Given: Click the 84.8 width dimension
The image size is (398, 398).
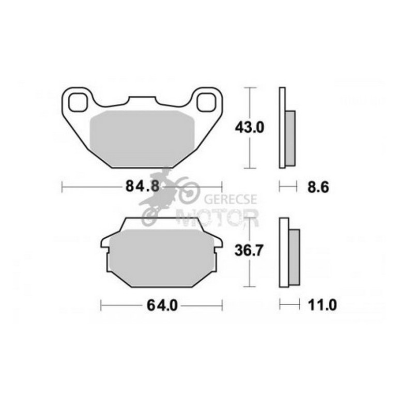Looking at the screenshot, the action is pyautogui.click(x=142, y=187).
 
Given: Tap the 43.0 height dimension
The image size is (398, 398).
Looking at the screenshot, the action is pyautogui.click(x=250, y=128).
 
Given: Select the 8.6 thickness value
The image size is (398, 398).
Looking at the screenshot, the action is pyautogui.click(x=318, y=187).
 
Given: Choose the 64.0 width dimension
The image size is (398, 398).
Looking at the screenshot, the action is pyautogui.click(x=162, y=305).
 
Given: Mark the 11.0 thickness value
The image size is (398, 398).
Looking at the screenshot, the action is pyautogui.click(x=322, y=305).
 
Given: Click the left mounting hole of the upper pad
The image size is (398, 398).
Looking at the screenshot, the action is pyautogui.click(x=78, y=102).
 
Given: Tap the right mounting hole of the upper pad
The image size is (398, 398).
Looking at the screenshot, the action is pyautogui.click(x=206, y=102).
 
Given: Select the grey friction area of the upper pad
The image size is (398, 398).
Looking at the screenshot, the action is pyautogui.click(x=142, y=139).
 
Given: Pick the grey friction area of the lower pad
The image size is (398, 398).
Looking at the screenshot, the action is pyautogui.click(x=162, y=257).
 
